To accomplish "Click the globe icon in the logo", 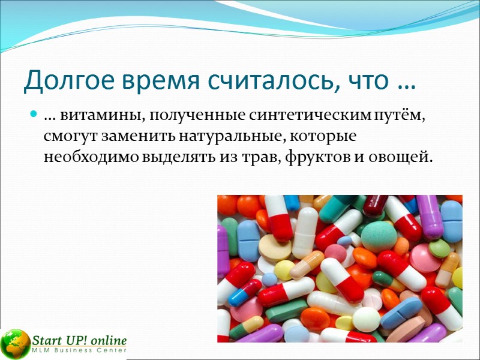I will [x=16, y=344].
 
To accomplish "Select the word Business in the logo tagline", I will [x=76, y=350].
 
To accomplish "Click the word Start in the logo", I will [x=47, y=339].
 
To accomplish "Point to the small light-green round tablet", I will [x=439, y=248].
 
